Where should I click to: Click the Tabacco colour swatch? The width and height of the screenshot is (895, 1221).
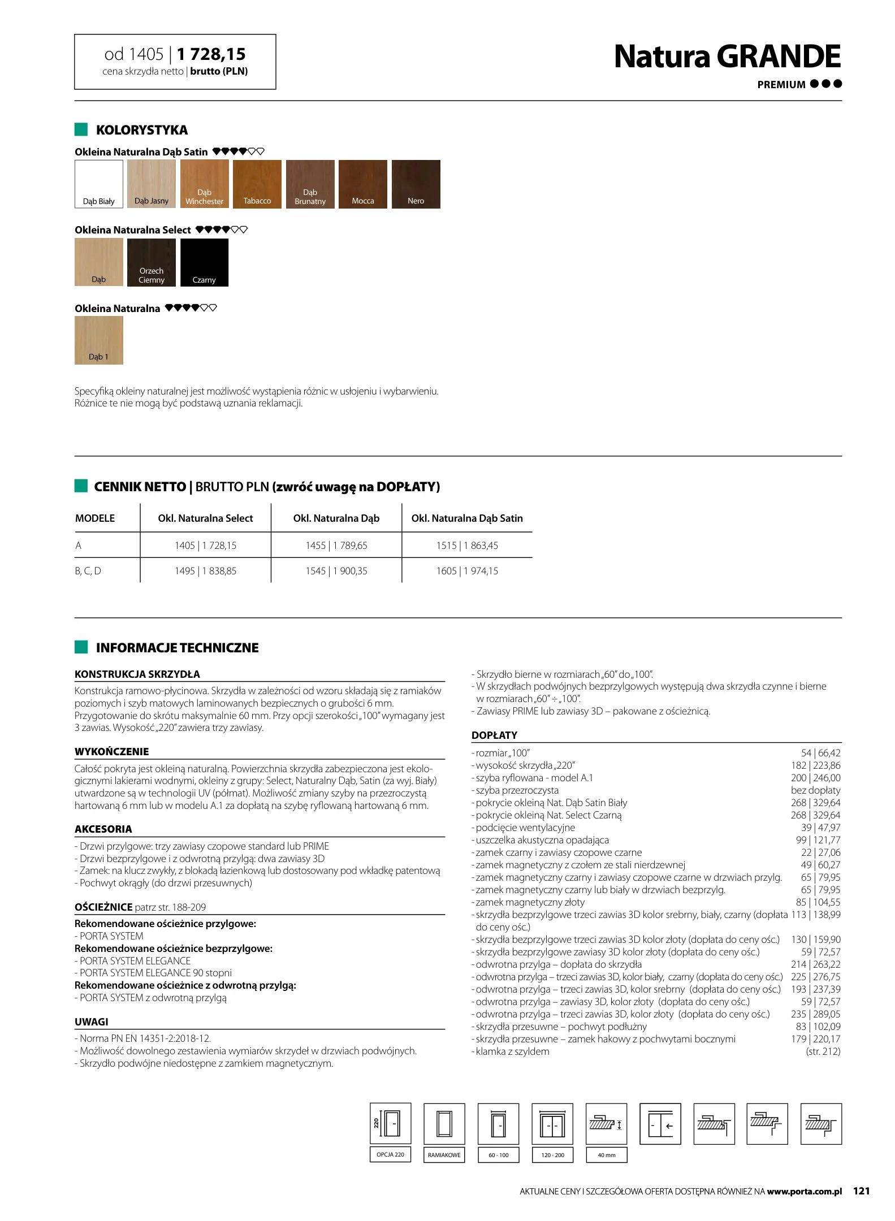pyautogui.click(x=257, y=184)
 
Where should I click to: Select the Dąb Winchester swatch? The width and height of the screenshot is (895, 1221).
pyautogui.click(x=204, y=184)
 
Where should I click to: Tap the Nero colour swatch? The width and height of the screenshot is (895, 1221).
pyautogui.click(x=416, y=184)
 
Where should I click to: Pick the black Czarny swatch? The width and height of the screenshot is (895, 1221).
pyautogui.click(x=204, y=262)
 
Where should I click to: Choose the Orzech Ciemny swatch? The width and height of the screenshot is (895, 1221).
pyautogui.click(x=151, y=262)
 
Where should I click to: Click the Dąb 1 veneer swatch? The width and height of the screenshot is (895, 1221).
pyautogui.click(x=98, y=340)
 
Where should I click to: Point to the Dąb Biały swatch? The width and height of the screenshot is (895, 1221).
pyautogui.click(x=98, y=184)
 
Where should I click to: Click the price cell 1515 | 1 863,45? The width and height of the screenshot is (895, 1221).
pyautogui.click(x=467, y=545)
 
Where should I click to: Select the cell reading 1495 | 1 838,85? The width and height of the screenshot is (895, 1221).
pyautogui.click(x=205, y=571)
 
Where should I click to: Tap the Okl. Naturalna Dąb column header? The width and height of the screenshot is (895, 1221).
pyautogui.click(x=336, y=518)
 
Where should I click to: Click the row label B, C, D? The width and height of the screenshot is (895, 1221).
pyautogui.click(x=88, y=571)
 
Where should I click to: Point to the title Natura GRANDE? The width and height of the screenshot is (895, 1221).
pyautogui.click(x=727, y=57)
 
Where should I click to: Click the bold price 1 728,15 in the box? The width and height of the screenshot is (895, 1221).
pyautogui.click(x=211, y=54)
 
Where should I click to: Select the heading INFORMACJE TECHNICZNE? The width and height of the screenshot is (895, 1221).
pyautogui.click(x=177, y=648)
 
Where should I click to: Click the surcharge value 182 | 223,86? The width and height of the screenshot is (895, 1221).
pyautogui.click(x=815, y=765)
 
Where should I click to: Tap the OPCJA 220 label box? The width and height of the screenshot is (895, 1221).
pyautogui.click(x=390, y=1154)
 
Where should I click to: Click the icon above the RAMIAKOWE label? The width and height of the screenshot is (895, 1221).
pyautogui.click(x=444, y=1124)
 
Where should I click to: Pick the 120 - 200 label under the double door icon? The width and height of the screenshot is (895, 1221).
pyautogui.click(x=552, y=1155)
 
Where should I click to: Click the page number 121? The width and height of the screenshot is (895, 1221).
pyautogui.click(x=861, y=1191)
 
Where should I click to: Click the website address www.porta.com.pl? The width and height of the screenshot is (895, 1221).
pyautogui.click(x=804, y=1192)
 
